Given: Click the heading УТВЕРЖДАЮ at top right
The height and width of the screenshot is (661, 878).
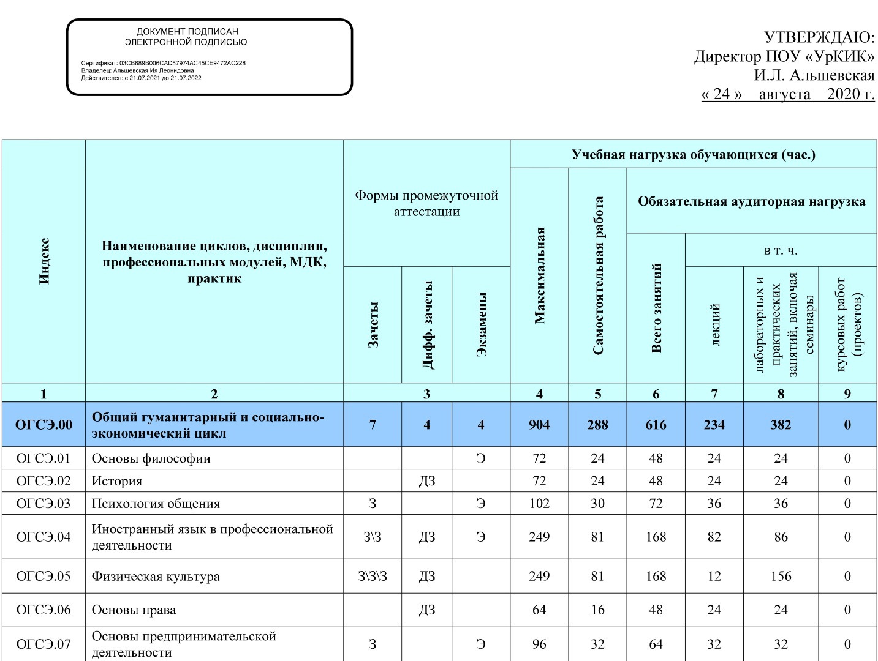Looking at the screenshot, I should point(820,37).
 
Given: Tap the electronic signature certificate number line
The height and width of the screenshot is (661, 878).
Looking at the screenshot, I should point(164,63).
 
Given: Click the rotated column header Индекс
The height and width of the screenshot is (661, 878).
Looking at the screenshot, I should point(44,261).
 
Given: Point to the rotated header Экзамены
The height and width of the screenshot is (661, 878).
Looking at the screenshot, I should point(482,324).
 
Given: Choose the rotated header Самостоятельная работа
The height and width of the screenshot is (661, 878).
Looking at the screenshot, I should point(598,275).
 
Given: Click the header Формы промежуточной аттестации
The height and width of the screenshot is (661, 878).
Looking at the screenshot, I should point(426,203).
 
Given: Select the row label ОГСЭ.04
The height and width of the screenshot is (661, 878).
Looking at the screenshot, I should point(44,537).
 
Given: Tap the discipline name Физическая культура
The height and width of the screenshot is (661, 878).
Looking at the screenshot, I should point(156,577).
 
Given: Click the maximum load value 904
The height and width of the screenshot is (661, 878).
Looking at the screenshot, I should point(539,425).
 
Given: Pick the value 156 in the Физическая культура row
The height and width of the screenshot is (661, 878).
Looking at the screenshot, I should point(781,577).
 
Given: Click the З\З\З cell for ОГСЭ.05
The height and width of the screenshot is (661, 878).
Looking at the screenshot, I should point(373,577).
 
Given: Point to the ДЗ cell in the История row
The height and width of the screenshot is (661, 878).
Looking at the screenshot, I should point(427,481).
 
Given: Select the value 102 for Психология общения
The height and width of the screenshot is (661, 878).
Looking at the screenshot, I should point(539,504).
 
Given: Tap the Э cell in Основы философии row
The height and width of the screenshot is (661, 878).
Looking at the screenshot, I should point(481,458).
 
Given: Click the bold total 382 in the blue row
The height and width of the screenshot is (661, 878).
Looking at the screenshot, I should point(781,425).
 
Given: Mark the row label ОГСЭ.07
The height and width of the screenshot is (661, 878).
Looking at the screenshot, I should point(44,644).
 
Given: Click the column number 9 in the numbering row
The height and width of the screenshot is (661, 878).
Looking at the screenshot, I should point(847,394).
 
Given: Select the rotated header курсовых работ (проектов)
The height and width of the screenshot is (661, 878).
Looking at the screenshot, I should point(848,324).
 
